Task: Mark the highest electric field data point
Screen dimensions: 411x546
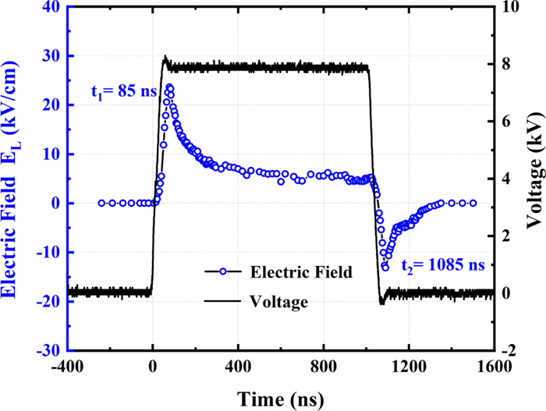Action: click(169, 87)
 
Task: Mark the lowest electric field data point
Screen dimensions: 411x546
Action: click(385, 267)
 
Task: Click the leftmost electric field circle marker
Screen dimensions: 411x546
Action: click(101, 203)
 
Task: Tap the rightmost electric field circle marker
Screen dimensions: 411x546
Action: click(473, 203)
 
